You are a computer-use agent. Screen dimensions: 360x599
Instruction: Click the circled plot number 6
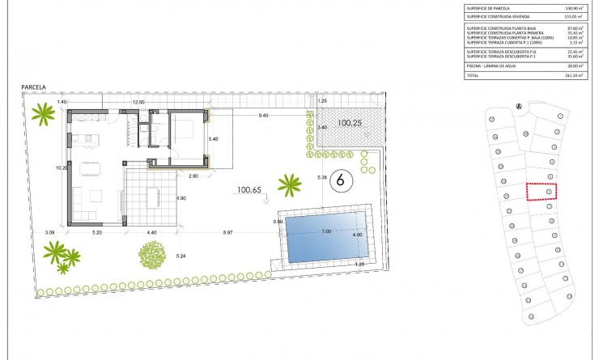pos(340,180)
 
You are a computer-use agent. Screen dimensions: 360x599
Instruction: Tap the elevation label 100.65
pos(252,191)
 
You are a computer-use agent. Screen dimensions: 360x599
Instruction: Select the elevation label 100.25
pos(350,124)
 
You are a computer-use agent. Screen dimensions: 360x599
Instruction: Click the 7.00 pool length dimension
pos(326,232)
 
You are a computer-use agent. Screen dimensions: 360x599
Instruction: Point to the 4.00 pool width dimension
pos(357,235)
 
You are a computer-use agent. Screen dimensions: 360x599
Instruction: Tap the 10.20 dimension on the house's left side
pos(60,168)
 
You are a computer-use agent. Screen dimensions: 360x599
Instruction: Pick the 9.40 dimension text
pos(263,116)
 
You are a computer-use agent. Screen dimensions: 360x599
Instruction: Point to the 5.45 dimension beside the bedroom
pos(214,139)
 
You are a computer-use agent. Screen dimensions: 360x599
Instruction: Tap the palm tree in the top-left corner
pos(39,114)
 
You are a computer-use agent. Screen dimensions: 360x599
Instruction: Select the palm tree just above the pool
pos(289,185)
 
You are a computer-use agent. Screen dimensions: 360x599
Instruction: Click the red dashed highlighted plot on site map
pos(543,191)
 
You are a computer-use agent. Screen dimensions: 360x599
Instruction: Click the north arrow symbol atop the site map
pos(520,105)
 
